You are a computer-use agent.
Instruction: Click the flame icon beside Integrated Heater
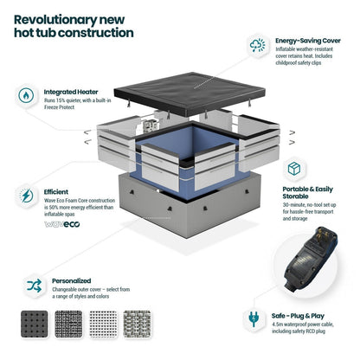point(26,96)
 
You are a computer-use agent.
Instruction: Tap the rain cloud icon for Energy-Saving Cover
point(257,46)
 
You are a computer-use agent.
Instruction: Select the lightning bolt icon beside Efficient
point(26,196)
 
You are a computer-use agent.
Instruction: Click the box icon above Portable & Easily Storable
point(294,169)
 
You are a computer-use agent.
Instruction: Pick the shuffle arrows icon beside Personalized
point(35,286)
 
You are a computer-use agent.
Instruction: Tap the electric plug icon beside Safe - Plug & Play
point(254,318)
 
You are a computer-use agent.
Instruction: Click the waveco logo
point(62,224)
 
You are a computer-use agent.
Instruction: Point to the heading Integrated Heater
point(71,92)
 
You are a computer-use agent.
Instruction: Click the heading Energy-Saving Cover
point(308,41)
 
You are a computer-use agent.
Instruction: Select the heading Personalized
point(71,280)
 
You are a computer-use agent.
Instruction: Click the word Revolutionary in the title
point(55,20)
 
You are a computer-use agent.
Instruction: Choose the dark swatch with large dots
point(35,324)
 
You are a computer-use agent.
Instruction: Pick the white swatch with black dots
point(103,324)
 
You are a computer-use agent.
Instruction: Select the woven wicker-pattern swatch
point(137,324)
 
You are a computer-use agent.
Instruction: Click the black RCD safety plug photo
point(307,258)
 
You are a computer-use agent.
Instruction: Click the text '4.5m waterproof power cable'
point(303,325)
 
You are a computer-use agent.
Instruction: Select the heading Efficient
point(56,192)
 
